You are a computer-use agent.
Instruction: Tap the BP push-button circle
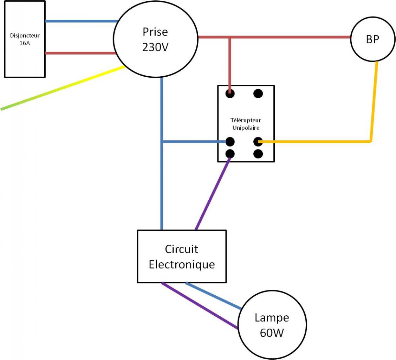point(373,39)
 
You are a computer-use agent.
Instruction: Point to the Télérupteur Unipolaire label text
point(246,124)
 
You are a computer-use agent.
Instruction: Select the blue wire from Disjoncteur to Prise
point(81,21)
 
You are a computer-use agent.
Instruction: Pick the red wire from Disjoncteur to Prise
point(81,53)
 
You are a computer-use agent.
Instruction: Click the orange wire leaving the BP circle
point(374,102)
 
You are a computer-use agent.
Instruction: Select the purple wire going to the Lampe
point(200,306)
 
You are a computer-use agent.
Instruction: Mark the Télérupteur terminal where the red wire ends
point(230,94)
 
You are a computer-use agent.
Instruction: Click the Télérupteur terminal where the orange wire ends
point(258,142)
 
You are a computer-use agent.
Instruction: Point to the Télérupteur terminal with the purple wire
point(230,154)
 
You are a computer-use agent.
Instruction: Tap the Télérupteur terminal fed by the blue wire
point(230,142)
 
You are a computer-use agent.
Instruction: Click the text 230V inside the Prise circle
point(155,47)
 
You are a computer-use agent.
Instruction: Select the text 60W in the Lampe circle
point(272,333)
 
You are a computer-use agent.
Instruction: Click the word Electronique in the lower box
point(181,264)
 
